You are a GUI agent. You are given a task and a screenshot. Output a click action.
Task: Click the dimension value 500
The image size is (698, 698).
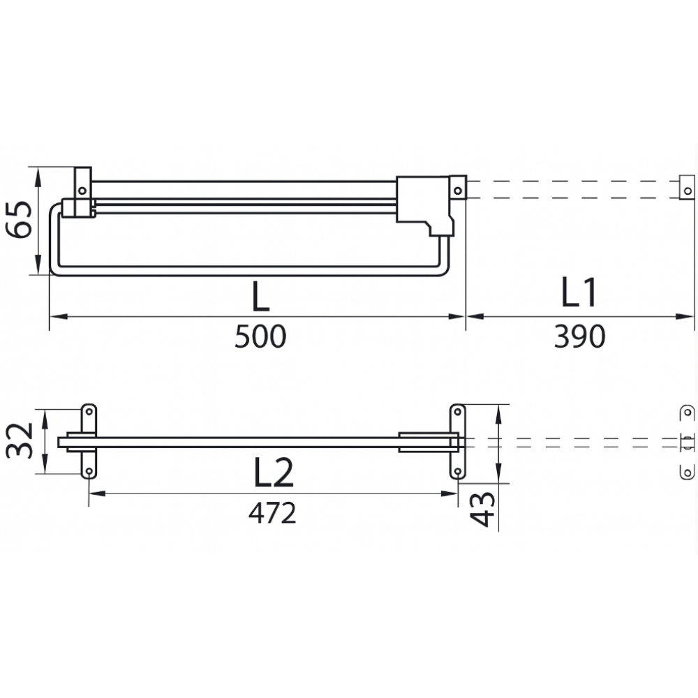click(x=260, y=336)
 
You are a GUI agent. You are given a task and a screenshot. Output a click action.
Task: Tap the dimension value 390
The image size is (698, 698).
click(x=579, y=336)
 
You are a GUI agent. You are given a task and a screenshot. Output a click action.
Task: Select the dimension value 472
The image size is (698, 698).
click(x=272, y=513)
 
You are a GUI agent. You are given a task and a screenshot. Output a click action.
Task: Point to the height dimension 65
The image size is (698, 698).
click(x=19, y=220)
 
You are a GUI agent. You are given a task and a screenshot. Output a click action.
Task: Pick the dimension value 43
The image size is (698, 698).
click(x=482, y=510)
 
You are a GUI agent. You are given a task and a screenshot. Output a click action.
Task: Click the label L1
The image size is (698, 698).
click(x=579, y=292)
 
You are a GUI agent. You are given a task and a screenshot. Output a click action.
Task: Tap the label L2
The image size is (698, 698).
click(x=274, y=473)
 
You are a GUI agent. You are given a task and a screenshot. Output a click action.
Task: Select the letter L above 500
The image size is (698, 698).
click(x=261, y=297)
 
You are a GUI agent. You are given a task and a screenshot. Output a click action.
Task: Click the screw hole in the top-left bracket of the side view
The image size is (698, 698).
click(x=82, y=191)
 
